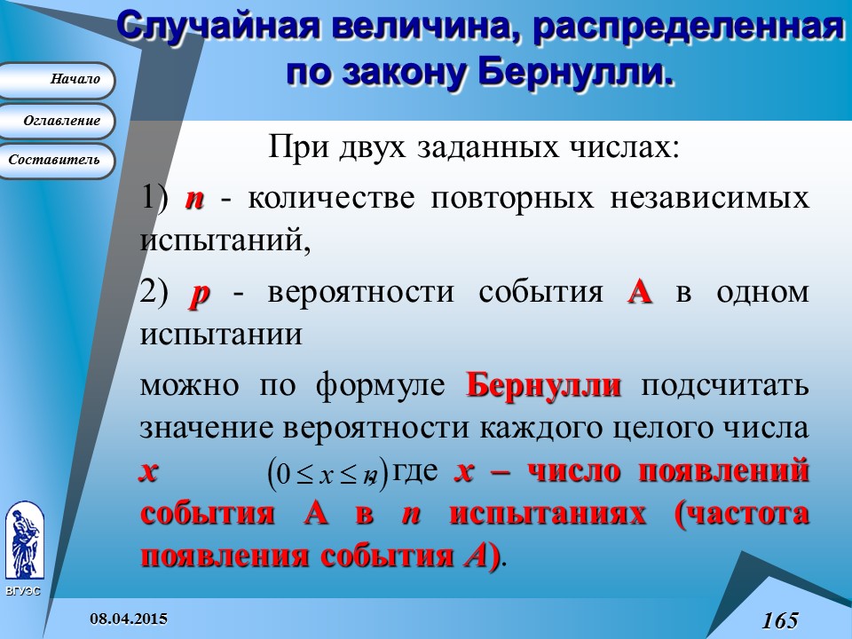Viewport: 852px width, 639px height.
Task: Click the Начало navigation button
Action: pos(56,80)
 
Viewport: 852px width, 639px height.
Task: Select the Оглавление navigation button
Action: pos(56,121)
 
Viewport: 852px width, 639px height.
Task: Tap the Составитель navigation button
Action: pos(56,161)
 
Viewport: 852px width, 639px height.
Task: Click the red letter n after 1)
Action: pos(194,199)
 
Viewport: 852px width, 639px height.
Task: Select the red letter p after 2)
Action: pos(200,295)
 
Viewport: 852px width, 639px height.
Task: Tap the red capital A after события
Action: pos(640,292)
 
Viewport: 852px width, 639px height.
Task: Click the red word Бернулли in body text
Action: pos(543,386)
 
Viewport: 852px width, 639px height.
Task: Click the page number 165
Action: pos(780,620)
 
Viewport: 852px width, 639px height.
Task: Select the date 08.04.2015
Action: pos(129,619)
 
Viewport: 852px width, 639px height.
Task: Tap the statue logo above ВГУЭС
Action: pos(25,541)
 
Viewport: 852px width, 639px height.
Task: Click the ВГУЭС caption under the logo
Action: pos(23,591)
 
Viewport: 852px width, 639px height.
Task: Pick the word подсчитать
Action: pos(725,386)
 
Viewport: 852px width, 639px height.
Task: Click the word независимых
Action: pos(710,198)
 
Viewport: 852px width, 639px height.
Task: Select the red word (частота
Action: pos(741,514)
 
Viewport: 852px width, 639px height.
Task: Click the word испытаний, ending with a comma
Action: pos(225,240)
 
